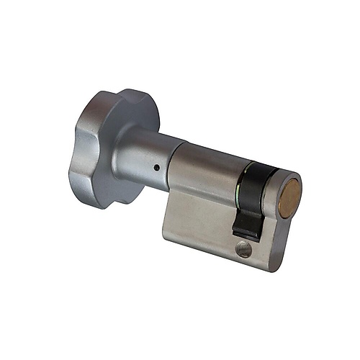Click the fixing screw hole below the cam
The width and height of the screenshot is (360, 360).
point(243,250)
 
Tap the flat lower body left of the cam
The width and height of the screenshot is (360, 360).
point(198,223)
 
